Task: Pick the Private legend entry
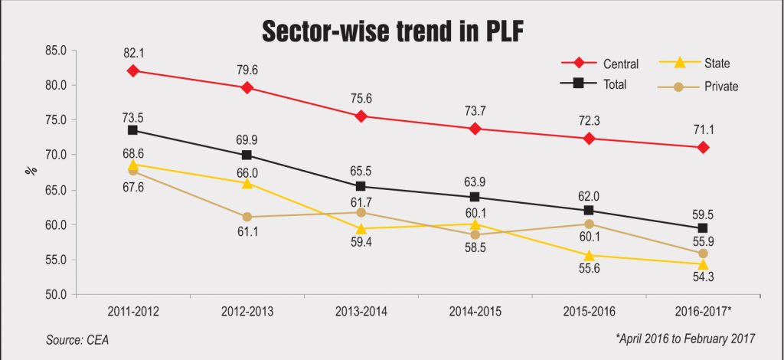(712, 86)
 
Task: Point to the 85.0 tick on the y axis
(57, 51)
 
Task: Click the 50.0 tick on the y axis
(57, 295)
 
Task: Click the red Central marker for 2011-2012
(133, 70)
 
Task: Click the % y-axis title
(31, 171)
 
